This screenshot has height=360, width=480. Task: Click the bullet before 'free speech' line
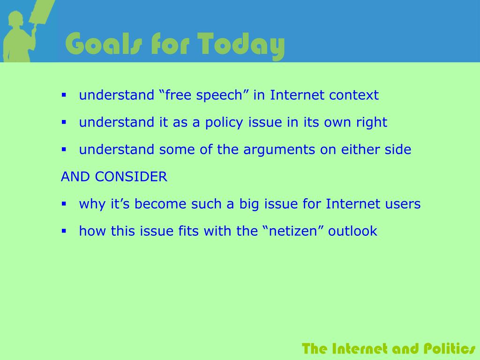click(x=64, y=95)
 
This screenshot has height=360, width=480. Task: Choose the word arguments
click(x=279, y=150)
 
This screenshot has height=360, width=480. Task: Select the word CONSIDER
click(x=131, y=177)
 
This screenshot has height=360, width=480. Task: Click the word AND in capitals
click(x=75, y=177)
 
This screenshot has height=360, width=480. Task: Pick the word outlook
click(x=352, y=231)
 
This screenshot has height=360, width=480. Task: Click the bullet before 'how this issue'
click(x=64, y=231)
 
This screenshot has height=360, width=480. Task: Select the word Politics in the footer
click(x=450, y=349)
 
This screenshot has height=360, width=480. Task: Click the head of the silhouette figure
click(x=15, y=19)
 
